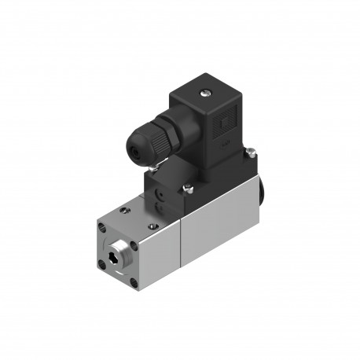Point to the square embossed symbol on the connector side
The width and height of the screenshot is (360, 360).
pyautogui.click(x=225, y=123)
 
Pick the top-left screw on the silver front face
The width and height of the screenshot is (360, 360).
pyautogui.click(x=103, y=228)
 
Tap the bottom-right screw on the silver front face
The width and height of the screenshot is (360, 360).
pyautogui.click(x=134, y=283)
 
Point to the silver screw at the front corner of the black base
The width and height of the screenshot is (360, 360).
pyautogui.click(x=189, y=188)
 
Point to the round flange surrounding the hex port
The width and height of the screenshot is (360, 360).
pyautogui.click(x=119, y=254)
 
